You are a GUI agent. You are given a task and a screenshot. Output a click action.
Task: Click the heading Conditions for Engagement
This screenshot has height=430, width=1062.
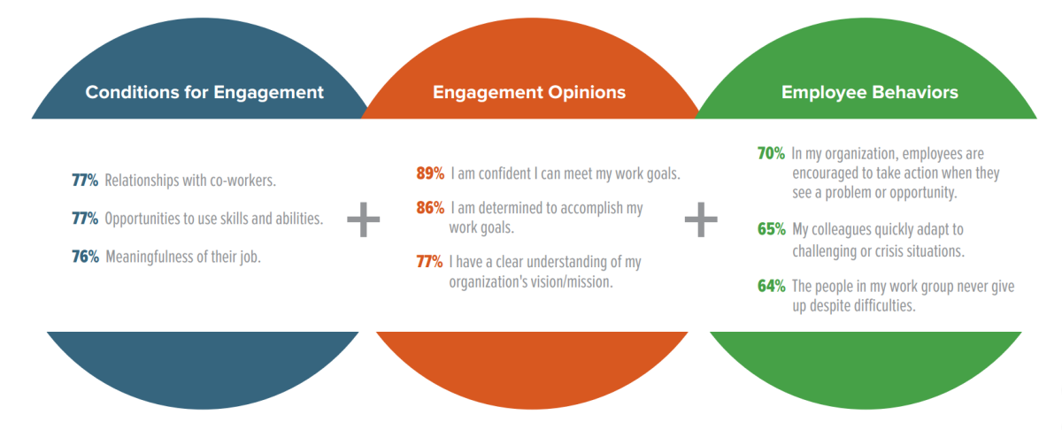pyautogui.click(x=204, y=92)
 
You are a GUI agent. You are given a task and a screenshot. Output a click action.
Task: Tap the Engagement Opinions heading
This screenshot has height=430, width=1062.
pyautogui.click(x=529, y=92)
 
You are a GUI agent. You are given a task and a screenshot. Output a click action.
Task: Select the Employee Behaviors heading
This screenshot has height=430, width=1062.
pyautogui.click(x=869, y=92)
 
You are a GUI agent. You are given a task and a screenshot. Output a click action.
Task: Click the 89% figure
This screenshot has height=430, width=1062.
pyautogui.click(x=430, y=173)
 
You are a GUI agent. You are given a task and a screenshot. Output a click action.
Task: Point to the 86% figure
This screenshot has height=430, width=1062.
pyautogui.click(x=430, y=208)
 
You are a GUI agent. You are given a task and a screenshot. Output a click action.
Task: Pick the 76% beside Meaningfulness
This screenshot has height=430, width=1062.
pyautogui.click(x=85, y=257)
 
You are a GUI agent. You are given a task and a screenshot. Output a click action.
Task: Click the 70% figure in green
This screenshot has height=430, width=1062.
pyautogui.click(x=771, y=154)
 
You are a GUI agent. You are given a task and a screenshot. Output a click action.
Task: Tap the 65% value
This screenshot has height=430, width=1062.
pyautogui.click(x=772, y=229)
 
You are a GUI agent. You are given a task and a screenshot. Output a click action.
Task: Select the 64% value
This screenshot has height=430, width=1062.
pyautogui.click(x=772, y=286)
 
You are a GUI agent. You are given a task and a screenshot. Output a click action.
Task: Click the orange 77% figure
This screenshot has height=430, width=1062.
pyautogui.click(x=429, y=262)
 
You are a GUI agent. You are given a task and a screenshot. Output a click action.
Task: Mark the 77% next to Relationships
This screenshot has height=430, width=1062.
pyautogui.click(x=85, y=180)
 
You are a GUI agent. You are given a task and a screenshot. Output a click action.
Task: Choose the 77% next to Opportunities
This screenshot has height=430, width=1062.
pyautogui.click(x=85, y=219)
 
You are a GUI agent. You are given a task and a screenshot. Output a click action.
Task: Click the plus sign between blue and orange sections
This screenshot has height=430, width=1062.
pyautogui.click(x=363, y=219)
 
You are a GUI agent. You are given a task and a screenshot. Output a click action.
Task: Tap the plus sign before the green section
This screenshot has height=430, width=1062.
pyautogui.click(x=701, y=219)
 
